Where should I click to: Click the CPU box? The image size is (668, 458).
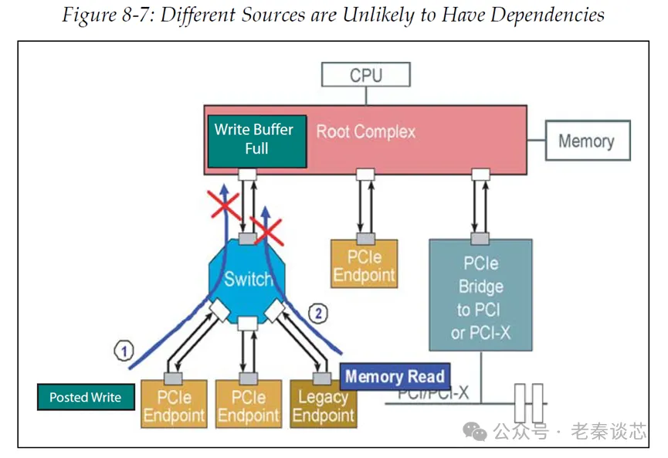click(366, 75)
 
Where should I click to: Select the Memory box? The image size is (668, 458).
click(586, 141)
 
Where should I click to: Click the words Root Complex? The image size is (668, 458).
click(365, 131)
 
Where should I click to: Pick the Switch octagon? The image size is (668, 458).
click(247, 279)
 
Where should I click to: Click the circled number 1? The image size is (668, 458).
click(123, 351)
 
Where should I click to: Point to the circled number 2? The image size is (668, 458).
click(317, 313)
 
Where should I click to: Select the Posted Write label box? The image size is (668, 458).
click(85, 397)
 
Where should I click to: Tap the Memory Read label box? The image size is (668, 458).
click(395, 377)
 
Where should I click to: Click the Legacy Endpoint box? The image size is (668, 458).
click(321, 405)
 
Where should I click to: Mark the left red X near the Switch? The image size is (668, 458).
click(225, 204)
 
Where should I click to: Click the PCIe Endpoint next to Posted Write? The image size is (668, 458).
click(174, 406)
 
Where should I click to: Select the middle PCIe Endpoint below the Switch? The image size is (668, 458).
click(248, 406)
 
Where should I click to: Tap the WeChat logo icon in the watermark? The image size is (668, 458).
click(476, 431)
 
